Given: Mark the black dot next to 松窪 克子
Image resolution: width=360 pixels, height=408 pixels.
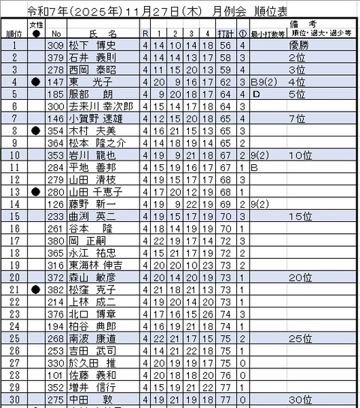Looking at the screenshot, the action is (35, 289).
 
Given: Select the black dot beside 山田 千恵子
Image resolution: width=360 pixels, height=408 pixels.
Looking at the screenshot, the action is (35, 192).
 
